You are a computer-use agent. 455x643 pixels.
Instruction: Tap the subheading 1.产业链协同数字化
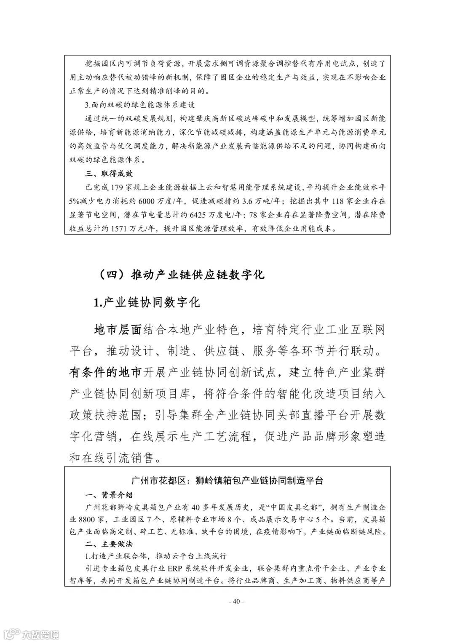(x=147, y=302)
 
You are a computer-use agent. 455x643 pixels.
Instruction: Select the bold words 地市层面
(x=117, y=330)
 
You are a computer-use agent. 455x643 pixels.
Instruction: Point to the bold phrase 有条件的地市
(x=106, y=373)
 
